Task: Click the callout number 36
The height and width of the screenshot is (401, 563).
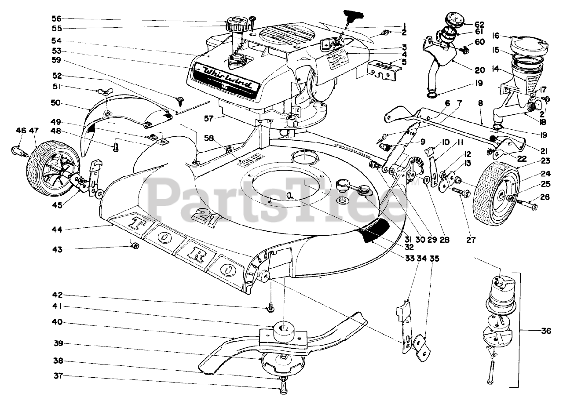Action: click(545, 332)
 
